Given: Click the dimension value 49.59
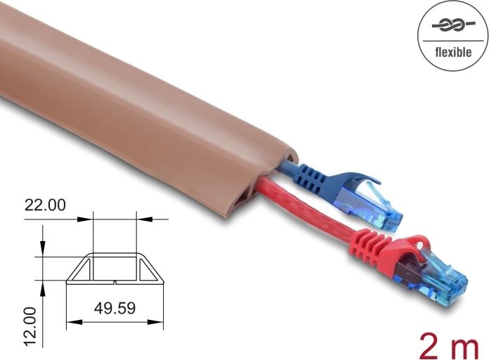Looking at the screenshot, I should [x=115, y=307].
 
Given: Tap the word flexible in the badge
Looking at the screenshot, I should [x=453, y=51].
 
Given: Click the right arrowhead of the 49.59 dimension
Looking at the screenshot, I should [x=159, y=323].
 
